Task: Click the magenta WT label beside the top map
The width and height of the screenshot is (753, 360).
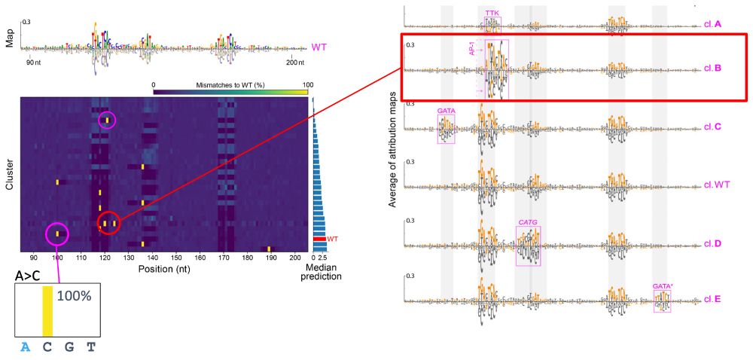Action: [x=319, y=47]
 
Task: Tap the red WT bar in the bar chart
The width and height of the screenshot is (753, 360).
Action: [x=319, y=239]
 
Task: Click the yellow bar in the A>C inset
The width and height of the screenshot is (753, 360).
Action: [x=48, y=310]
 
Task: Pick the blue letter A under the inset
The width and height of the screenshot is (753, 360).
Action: [x=26, y=347]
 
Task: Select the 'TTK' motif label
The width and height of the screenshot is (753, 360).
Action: [x=492, y=13]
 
